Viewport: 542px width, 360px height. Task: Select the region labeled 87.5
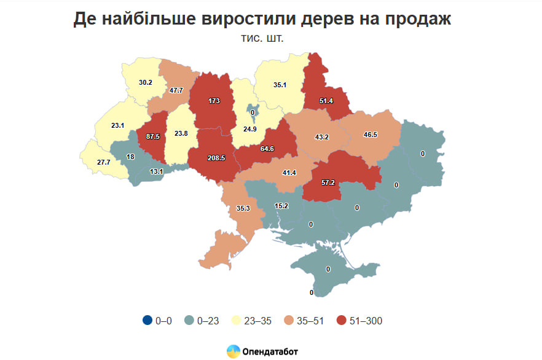point(153,137)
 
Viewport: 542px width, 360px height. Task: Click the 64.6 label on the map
point(267,148)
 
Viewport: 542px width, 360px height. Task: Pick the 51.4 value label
point(326,100)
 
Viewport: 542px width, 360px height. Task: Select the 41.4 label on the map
point(289,173)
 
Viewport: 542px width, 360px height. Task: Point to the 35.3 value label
point(243,209)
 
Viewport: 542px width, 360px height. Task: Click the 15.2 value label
point(281,206)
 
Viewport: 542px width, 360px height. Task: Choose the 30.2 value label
point(145,82)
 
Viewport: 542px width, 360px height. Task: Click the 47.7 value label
point(176,90)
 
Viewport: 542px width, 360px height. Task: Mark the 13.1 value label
point(157,171)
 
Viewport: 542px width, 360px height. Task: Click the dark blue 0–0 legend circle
point(147,320)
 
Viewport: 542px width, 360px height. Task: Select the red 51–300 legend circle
point(343,320)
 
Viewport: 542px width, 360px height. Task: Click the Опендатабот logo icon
point(233,351)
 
